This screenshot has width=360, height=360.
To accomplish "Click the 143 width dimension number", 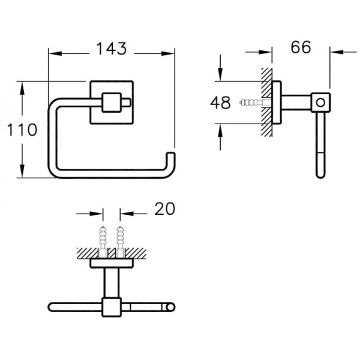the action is pos(112,49).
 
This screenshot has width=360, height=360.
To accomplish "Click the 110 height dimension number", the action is pos(22,130).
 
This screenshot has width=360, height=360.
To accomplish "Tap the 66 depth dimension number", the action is pos(301,47).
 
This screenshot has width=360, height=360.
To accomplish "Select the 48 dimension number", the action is pos(220,103).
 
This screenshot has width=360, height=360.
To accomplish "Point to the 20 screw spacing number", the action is pos(164,209).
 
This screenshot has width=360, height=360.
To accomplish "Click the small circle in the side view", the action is pos(321,103).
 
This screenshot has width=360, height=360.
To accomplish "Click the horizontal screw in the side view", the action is pos(256,103).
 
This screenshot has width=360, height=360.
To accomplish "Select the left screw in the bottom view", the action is pos(103,242).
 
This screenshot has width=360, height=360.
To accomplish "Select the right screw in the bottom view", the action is pos(120,242).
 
